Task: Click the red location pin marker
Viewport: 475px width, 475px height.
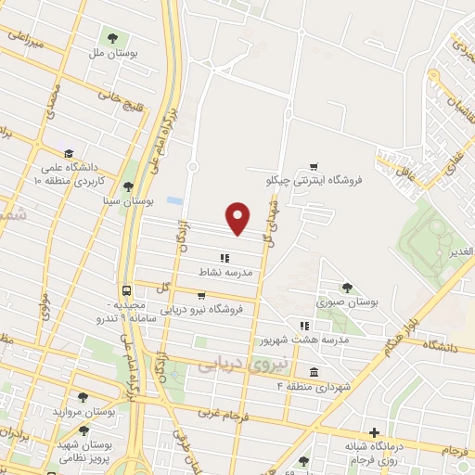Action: pos(239,217)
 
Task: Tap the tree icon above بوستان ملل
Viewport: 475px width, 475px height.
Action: pos(112,38)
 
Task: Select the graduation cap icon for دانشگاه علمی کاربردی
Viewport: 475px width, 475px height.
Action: pos(69,154)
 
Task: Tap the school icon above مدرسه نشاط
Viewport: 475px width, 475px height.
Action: pos(223,259)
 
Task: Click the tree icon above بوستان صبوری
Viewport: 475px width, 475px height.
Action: pos(347,288)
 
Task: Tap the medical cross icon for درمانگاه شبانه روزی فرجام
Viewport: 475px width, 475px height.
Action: pos(374,432)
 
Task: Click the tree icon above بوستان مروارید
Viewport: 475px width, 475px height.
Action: pos(83,397)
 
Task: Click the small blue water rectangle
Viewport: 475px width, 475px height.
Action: pos(174,200)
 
